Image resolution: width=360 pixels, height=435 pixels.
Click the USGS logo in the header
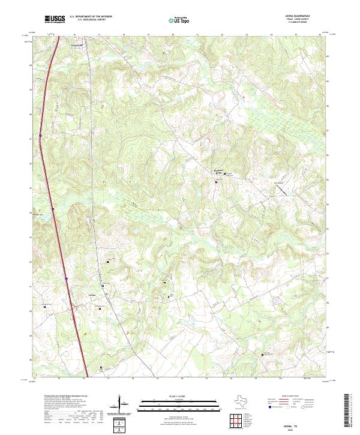pos(55,20)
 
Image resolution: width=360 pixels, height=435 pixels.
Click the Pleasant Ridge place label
pos(220,170)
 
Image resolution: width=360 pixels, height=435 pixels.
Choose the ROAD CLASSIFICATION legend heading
pos(291,397)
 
